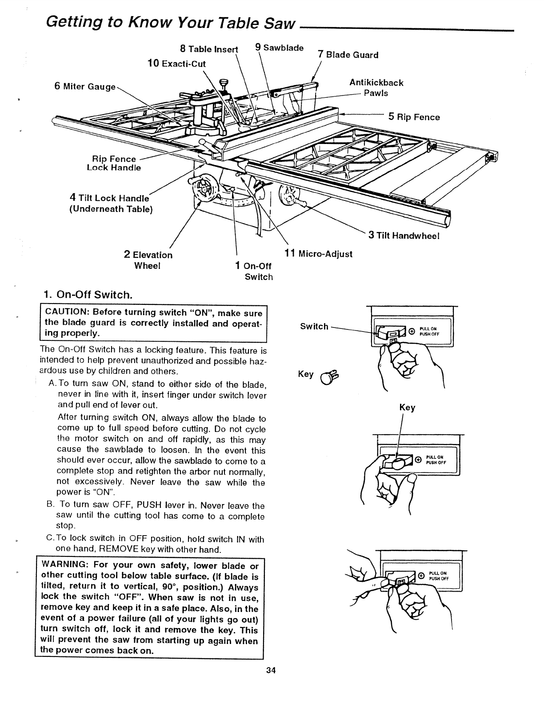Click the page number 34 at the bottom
point(271,671)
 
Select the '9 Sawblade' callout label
point(280,48)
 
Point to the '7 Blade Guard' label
point(348,55)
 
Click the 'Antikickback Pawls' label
point(376,88)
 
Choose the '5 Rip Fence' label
point(414,117)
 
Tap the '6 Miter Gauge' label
point(84,86)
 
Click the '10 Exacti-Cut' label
point(176,64)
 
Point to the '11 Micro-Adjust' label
point(318,254)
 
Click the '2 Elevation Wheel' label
point(148,260)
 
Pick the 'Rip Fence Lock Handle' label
point(114,163)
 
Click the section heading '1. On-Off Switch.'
point(88,295)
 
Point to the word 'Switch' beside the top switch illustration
point(314,327)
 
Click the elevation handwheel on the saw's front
point(203,191)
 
